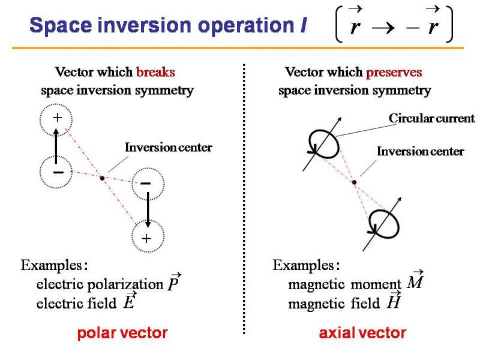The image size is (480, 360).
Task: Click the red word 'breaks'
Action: point(155,73)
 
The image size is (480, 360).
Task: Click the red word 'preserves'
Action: point(394,73)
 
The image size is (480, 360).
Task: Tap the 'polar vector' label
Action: point(122,333)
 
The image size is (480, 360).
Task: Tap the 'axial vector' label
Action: point(362,333)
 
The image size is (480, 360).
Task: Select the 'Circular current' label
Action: point(431,118)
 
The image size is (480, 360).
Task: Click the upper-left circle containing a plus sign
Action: point(56,119)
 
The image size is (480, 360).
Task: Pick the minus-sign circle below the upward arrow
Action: point(56,172)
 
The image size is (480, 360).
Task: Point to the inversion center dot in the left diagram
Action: point(102,178)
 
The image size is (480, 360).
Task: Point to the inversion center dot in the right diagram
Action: point(355,182)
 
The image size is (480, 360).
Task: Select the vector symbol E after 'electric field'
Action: point(128,302)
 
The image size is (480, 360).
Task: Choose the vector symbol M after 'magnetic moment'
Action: point(416,281)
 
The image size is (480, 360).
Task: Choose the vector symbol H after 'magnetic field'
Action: point(394,301)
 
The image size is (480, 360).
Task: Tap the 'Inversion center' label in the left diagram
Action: point(168,148)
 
